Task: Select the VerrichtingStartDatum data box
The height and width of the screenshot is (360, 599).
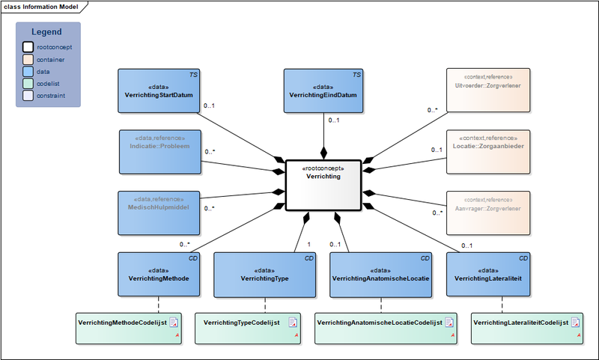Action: (x=159, y=91)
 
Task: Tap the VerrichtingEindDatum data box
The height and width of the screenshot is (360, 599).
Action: (x=323, y=91)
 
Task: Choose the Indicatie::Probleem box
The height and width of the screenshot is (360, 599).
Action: (x=159, y=153)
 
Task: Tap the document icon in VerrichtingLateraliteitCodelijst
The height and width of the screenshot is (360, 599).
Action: (x=576, y=323)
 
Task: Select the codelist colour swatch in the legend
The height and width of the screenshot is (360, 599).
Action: (x=27, y=85)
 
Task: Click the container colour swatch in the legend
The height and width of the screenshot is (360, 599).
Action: (x=27, y=59)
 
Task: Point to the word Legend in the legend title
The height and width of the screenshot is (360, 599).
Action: (x=46, y=32)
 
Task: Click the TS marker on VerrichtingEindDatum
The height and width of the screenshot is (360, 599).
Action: (x=357, y=75)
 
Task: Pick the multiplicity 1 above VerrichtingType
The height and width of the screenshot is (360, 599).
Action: (x=308, y=245)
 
